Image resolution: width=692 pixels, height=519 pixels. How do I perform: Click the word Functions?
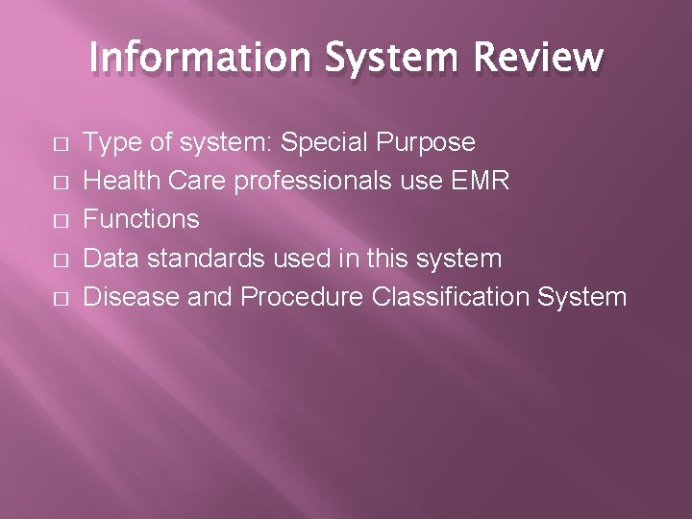[x=141, y=220]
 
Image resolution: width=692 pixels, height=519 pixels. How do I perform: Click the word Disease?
[x=130, y=297]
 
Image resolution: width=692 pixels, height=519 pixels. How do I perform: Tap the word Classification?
[x=447, y=297]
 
